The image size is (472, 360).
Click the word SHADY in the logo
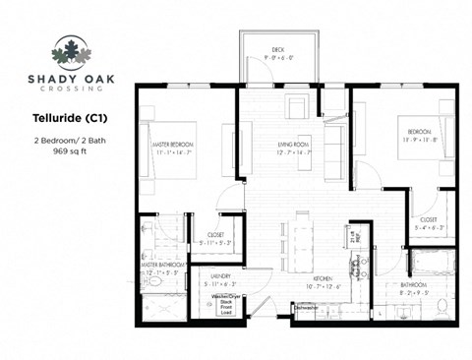(x=45, y=76)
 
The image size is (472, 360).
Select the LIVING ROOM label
(x=294, y=145)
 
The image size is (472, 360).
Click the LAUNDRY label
(x=219, y=278)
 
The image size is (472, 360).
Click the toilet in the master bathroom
(x=153, y=281)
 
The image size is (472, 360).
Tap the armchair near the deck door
(x=296, y=107)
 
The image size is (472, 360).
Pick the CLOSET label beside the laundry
(x=214, y=236)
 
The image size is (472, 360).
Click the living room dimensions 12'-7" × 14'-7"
(x=294, y=153)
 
